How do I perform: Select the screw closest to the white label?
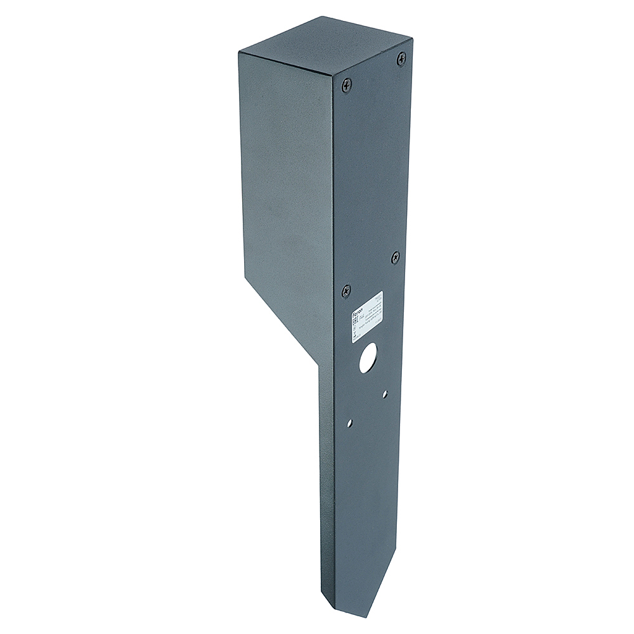tap(346, 290)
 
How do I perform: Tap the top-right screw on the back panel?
tap(401, 60)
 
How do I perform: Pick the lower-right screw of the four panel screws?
tap(395, 257)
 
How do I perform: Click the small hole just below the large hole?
tap(385, 394)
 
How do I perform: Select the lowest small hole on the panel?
tap(349, 421)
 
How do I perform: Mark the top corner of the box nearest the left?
tap(240, 53)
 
